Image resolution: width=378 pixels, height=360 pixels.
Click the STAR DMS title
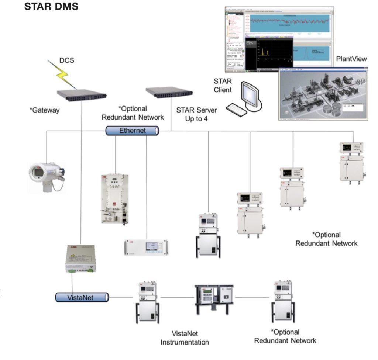(51, 7)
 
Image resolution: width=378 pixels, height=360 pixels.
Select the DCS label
(67, 60)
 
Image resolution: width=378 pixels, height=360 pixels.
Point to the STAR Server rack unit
(169, 93)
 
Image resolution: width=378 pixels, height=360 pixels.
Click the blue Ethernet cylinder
(132, 131)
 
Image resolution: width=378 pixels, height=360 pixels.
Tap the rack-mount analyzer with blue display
(146, 247)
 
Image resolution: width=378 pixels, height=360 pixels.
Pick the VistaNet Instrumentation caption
(185, 337)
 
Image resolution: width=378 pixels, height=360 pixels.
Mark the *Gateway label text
(44, 110)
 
